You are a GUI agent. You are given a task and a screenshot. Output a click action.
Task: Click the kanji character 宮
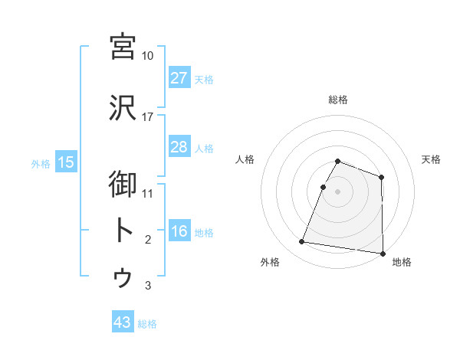[123, 47]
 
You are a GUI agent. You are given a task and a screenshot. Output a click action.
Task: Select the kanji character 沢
[123, 108]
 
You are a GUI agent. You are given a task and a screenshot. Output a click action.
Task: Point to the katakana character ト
[123, 230]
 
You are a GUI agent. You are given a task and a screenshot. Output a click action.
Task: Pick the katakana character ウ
[123, 277]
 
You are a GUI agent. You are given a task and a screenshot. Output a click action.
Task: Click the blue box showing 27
[179, 78]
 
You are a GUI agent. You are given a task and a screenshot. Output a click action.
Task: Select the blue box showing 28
[179, 147]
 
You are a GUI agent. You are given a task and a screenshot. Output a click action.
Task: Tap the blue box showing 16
[179, 232]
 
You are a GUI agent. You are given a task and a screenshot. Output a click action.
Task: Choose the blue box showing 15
[65, 162]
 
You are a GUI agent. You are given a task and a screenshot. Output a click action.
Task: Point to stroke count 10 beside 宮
[147, 56]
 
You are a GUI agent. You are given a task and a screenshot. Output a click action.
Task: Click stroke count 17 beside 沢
[147, 117]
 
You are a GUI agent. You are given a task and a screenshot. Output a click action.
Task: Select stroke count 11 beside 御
[147, 193]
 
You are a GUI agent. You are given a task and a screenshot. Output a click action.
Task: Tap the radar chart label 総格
[337, 100]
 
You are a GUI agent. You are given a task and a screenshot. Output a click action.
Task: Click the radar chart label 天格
[431, 159]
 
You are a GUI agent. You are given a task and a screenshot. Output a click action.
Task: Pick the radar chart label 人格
[245, 159]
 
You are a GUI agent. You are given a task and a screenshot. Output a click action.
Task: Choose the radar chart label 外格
[269, 263]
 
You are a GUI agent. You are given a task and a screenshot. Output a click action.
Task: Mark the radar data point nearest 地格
[383, 254]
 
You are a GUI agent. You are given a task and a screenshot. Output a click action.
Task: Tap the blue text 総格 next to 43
[147, 324]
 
